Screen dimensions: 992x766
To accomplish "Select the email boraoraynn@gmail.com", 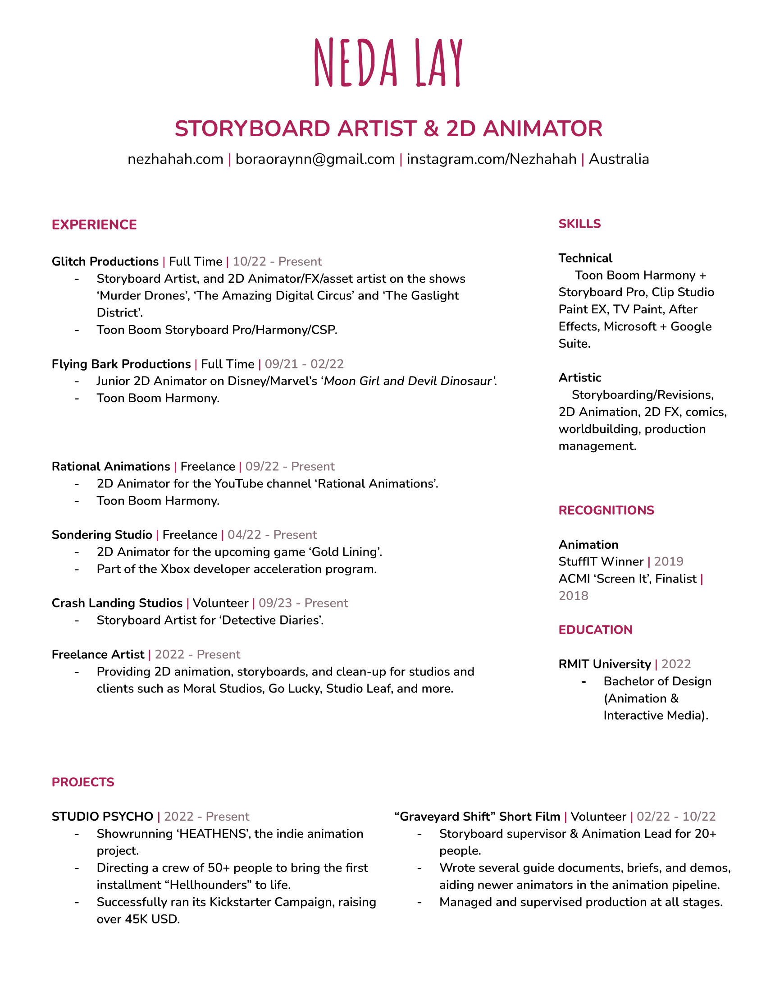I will (315, 160).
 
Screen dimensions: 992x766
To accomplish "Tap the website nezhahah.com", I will (175, 160).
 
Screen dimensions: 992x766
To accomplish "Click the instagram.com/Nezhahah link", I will (492, 160).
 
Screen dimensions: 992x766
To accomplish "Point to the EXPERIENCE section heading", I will (94, 225).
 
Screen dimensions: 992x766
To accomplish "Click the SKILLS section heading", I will (579, 224).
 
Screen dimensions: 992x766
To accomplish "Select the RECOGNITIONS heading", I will (606, 510).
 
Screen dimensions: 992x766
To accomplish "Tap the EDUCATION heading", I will (595, 630).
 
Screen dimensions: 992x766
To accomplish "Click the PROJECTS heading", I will (83, 782).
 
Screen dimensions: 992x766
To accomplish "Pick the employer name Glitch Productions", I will (105, 262).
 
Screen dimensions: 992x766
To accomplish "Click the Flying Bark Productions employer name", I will (121, 364).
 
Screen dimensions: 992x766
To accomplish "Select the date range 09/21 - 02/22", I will (304, 364).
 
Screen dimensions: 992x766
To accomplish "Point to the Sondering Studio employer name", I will (102, 535).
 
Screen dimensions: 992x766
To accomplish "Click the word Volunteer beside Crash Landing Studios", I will (220, 603).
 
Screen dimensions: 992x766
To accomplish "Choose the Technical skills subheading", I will (585, 258).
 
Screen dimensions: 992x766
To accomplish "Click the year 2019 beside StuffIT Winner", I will (668, 562).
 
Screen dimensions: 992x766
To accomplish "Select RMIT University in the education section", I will (604, 665).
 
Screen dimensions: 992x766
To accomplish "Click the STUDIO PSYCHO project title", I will (102, 817).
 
